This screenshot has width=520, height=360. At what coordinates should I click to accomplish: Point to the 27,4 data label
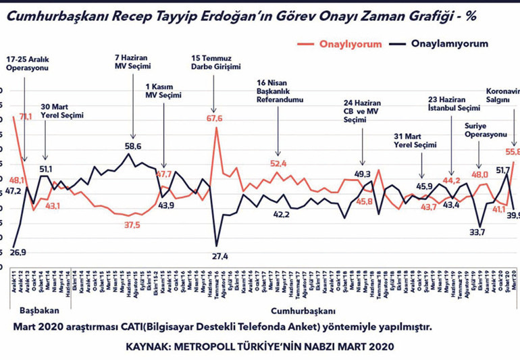[x=222, y=257]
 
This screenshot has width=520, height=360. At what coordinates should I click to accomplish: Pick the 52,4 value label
[x=278, y=163]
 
